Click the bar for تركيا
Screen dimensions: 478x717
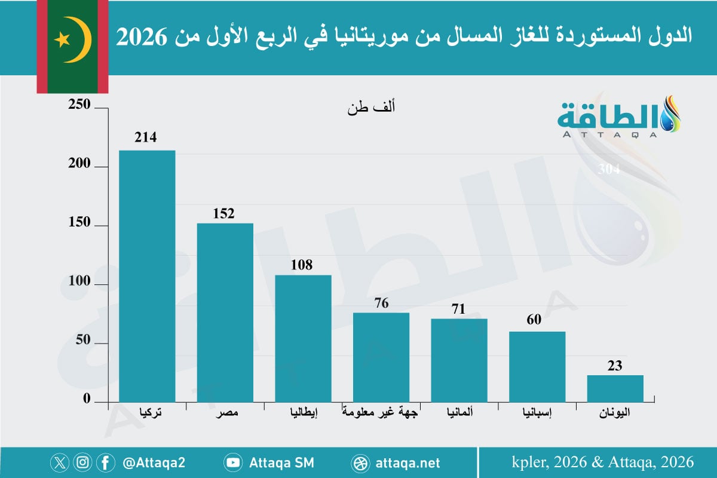tap(147, 276)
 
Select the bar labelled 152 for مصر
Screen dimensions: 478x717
tap(225, 312)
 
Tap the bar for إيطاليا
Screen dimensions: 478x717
tap(303, 338)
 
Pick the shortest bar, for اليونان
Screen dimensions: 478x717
tap(615, 388)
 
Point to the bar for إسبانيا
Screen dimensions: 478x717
tap(537, 366)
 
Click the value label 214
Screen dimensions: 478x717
tap(145, 137)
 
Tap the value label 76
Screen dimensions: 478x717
tap(381, 304)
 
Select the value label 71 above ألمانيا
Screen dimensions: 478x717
tap(459, 309)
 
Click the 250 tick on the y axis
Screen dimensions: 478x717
tap(79, 106)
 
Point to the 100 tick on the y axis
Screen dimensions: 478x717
tap(79, 283)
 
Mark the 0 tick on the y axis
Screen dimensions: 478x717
tap(86, 399)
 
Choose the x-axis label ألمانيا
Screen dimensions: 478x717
tap(460, 412)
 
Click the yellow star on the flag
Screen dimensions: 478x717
tap(62, 40)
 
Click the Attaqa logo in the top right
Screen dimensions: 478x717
tap(619, 117)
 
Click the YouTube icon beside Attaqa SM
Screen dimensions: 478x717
tap(232, 462)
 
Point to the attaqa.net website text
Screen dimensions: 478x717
tap(407, 462)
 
